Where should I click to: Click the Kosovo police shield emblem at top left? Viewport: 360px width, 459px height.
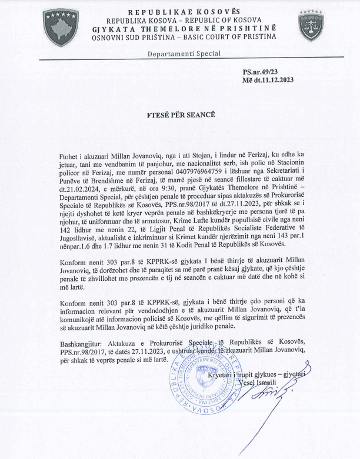coord(61,26)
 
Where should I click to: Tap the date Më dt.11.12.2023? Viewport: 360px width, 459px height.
coord(268,80)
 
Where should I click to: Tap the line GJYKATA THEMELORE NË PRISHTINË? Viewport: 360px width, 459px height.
coord(180,29)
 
